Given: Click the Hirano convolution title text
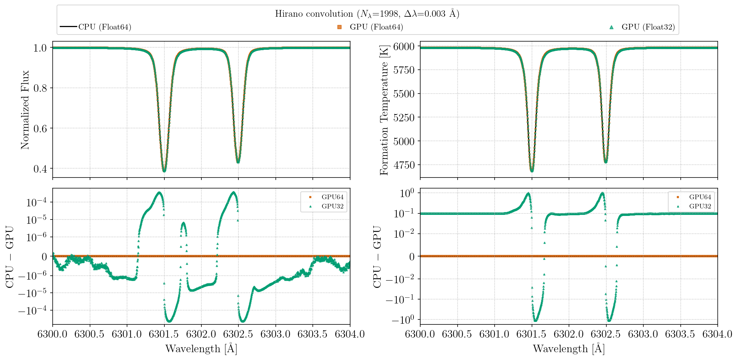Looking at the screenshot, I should (367, 14).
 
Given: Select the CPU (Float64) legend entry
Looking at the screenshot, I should (105, 27).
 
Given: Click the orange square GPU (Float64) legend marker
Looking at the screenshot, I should (339, 27).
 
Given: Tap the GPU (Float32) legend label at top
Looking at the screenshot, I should (648, 27).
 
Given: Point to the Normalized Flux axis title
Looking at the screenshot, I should (25, 110).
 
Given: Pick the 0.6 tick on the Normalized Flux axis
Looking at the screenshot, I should (40, 128).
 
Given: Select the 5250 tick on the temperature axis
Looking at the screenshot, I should (404, 117).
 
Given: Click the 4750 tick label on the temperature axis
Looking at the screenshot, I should (404, 165).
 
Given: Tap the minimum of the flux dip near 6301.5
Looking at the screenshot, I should (164, 171).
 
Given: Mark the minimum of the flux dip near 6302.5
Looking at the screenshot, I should (238, 162).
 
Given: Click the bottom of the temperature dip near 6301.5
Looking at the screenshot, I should (532, 171).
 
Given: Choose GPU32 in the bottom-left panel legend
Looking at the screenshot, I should (332, 206).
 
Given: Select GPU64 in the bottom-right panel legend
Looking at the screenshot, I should (700, 197).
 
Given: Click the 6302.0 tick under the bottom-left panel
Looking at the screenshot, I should (201, 334).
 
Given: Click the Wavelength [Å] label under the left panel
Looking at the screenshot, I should (201, 349).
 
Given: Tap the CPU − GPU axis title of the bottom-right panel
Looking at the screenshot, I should (377, 256).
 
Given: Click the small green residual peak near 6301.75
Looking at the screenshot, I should (183, 223).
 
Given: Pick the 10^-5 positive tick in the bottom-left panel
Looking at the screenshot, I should (36, 220).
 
